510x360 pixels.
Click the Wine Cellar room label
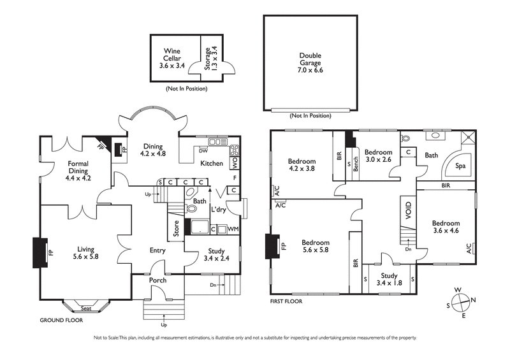tap(172, 57)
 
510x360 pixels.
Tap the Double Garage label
tap(310, 62)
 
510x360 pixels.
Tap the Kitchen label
tap(212, 164)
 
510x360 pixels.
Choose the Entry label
tap(157, 250)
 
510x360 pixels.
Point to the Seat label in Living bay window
tap(85, 308)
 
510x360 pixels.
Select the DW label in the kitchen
tap(203, 150)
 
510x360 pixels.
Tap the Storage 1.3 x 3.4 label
tap(211, 57)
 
